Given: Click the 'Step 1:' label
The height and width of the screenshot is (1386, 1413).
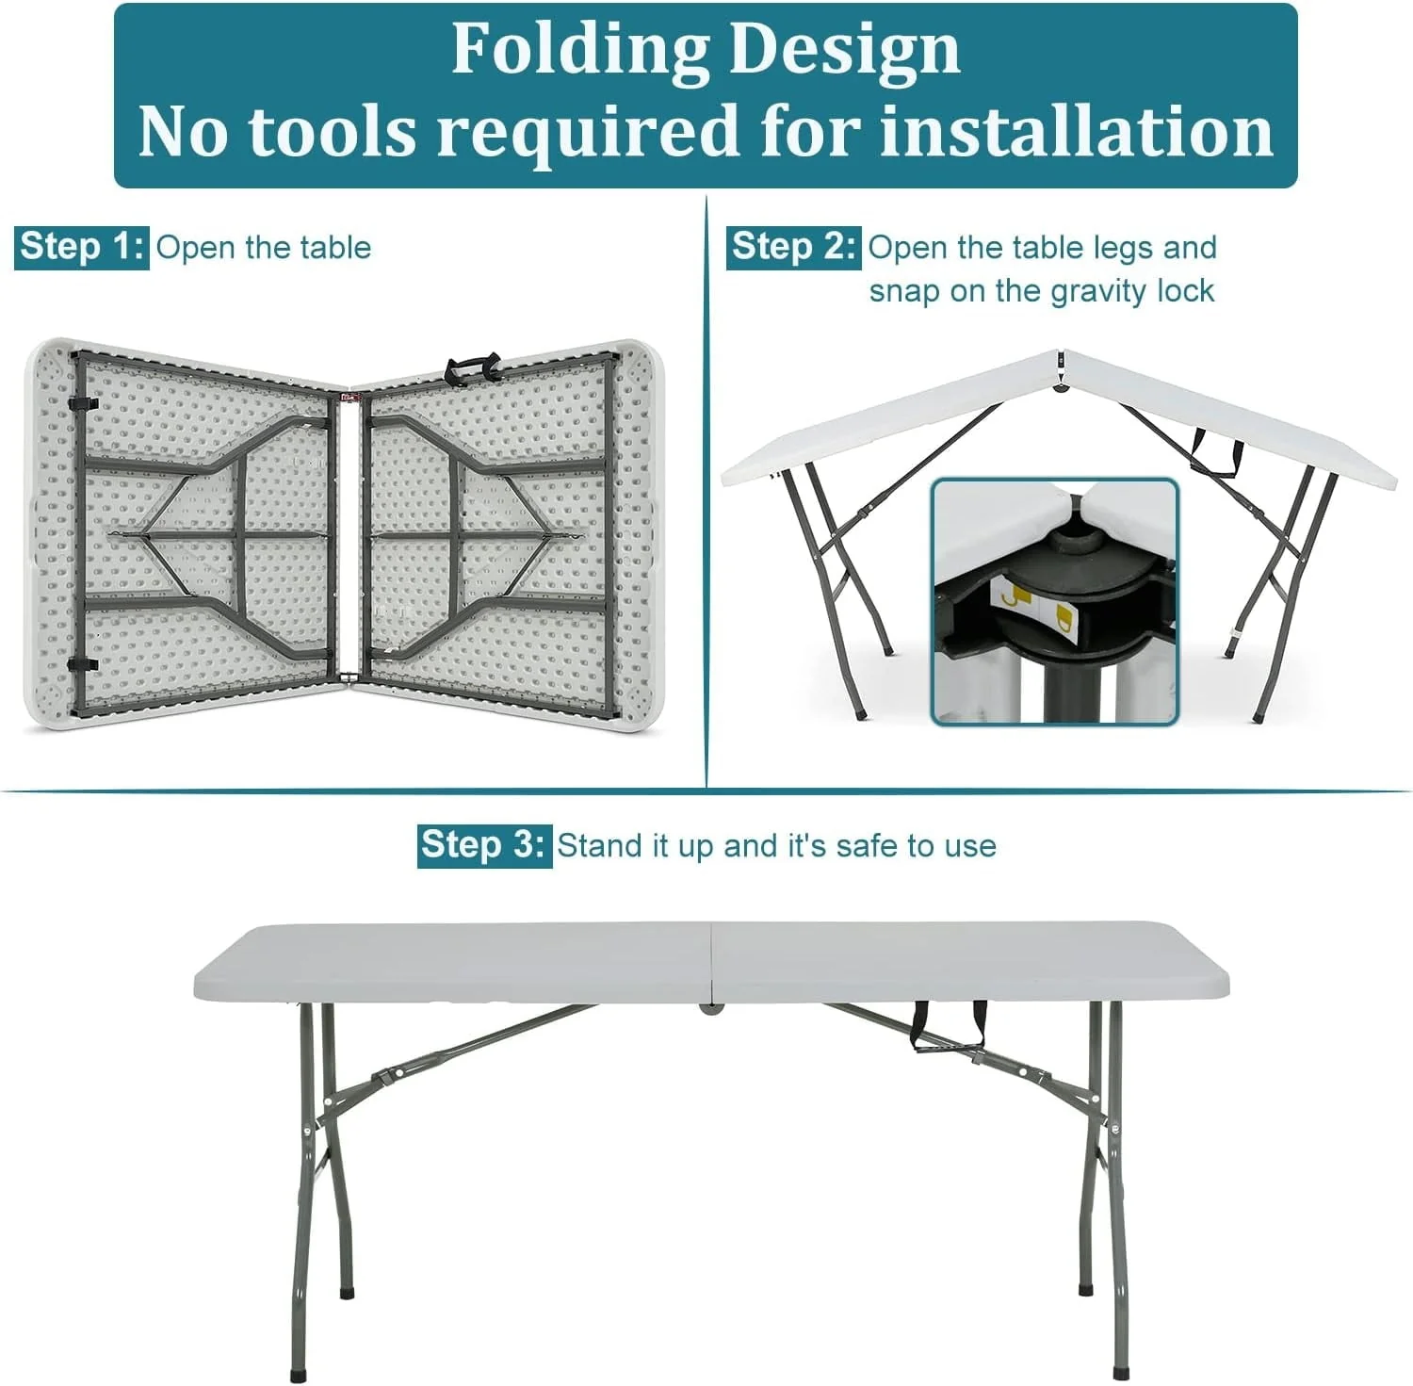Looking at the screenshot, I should coord(81,247).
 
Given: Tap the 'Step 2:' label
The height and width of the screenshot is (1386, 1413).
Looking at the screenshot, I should coord(793,247).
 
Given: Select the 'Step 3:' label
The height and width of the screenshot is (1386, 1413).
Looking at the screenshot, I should coord(484,845).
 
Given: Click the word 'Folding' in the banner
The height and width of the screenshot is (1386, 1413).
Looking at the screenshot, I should coord(578,49).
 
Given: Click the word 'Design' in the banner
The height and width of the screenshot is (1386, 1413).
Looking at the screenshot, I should coord(844,49).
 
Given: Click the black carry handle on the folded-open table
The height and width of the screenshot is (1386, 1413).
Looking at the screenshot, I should coord(474,365).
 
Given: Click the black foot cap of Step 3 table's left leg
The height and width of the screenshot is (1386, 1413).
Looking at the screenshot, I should coord(300,1375).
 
